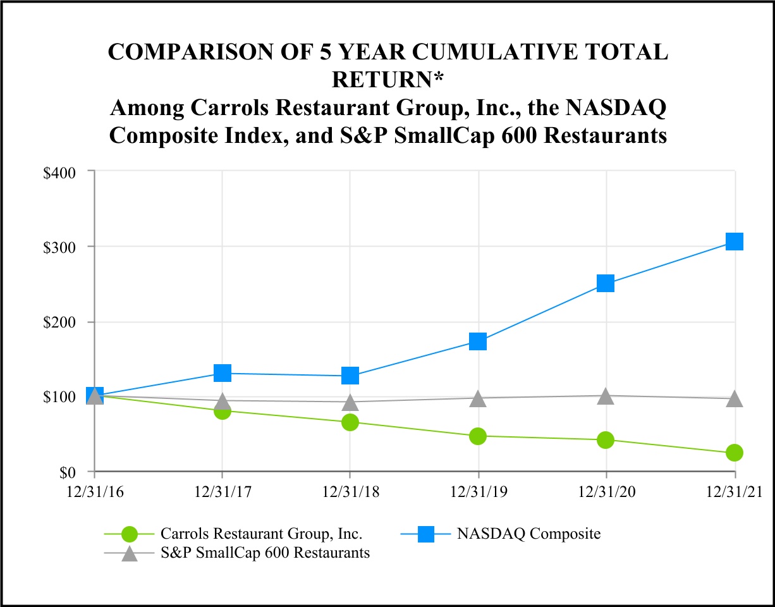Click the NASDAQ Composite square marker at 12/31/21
(734, 242)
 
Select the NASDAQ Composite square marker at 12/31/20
(606, 283)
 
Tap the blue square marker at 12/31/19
(478, 341)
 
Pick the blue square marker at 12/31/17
(222, 373)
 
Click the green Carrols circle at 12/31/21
(734, 453)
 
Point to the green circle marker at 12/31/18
(350, 422)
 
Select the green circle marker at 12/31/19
(478, 436)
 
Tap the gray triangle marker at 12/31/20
(606, 396)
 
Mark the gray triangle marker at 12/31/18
(350, 402)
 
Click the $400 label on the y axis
(60, 171)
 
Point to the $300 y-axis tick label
(60, 247)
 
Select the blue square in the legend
(427, 534)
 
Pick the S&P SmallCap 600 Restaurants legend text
(265, 553)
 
